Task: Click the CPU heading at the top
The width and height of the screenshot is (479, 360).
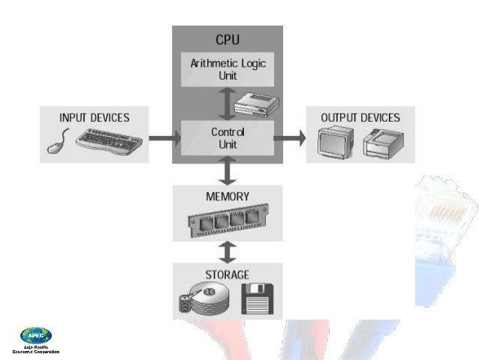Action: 227,39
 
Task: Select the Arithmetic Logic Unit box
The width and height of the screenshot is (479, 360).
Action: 227,70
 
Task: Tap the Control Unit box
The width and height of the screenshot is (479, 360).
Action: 227,138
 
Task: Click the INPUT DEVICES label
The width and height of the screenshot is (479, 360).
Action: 95,118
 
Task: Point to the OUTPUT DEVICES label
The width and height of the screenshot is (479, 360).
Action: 360,118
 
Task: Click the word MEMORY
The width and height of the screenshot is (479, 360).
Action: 227,197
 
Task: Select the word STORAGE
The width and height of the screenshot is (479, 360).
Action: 227,274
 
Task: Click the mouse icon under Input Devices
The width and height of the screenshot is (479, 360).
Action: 59,141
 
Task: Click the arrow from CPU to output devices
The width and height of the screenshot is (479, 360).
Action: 289,138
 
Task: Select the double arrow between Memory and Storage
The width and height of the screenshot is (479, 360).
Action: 227,251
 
